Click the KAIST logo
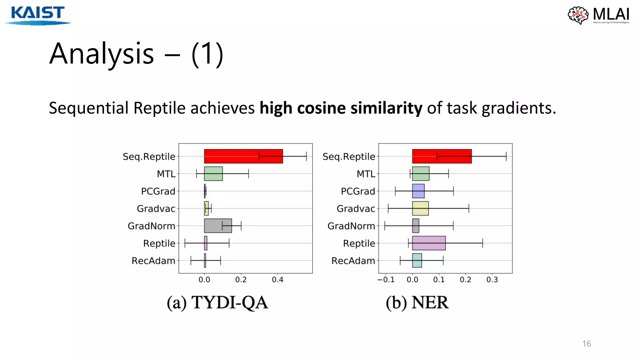point(37,15)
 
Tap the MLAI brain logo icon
point(578,15)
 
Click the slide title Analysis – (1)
point(136,54)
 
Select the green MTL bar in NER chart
point(421,174)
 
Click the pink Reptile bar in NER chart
point(429,243)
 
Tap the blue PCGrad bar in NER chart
point(418,191)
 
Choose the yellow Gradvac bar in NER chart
point(420,208)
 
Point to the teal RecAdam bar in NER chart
point(417,260)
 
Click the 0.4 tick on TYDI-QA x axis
point(277,280)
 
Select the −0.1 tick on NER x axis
point(386,280)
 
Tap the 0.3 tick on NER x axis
point(492,280)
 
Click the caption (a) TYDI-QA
point(217,302)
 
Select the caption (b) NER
point(417,302)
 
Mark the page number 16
point(587,344)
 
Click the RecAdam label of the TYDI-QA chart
point(153,261)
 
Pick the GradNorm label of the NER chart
point(351,226)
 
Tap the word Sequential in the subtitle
point(89,108)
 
